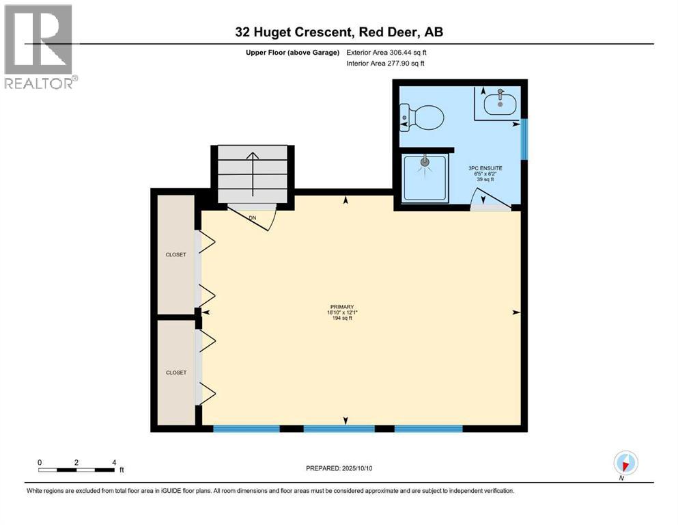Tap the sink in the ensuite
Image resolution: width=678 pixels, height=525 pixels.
point(501,104)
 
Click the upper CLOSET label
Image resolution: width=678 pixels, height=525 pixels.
point(175,254)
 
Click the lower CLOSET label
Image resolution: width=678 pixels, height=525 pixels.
point(175,373)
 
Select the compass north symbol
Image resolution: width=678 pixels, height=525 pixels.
point(625,463)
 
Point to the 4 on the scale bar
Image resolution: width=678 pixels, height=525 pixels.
point(113,462)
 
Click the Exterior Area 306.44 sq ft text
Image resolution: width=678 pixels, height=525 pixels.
point(386,52)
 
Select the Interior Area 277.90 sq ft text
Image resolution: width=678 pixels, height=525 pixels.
point(385,64)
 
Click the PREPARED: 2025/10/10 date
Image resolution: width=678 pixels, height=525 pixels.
point(339,468)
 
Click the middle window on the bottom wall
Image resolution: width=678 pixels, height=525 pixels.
point(339,429)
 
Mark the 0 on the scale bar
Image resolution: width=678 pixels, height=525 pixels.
point(40,462)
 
